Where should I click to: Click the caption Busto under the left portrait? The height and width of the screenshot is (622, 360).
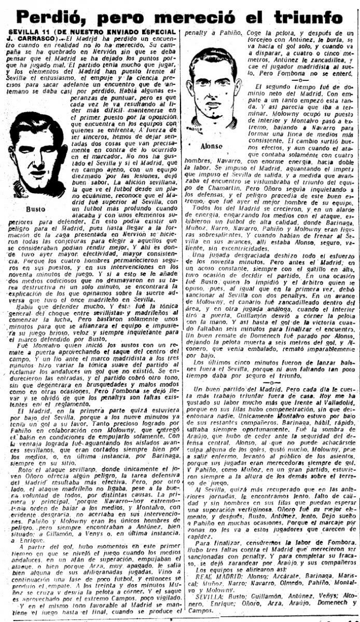pyautogui.click(x=33, y=209)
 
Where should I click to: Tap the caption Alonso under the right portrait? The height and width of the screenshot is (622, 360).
pyautogui.click(x=209, y=146)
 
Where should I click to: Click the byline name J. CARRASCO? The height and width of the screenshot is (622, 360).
pyautogui.click(x=33, y=38)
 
